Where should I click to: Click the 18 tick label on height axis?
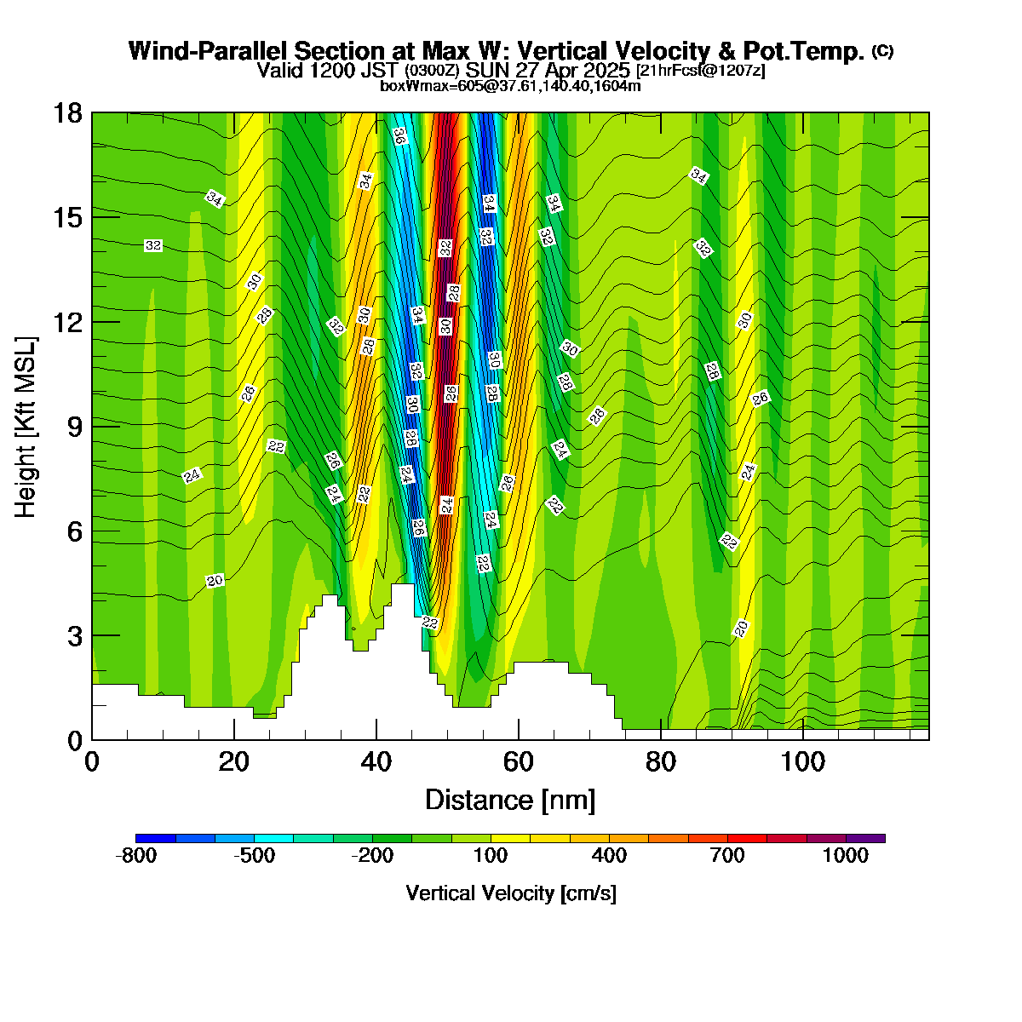[x=68, y=113]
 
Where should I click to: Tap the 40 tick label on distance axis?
[x=376, y=763]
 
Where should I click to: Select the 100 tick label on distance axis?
[x=802, y=763]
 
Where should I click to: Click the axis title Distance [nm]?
[x=510, y=801]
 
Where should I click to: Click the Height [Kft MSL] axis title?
[x=26, y=427]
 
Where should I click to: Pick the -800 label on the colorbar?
[x=135, y=855]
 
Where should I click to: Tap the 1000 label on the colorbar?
[x=846, y=855]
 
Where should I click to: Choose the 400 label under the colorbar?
[x=609, y=855]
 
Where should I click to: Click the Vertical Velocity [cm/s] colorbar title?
[x=511, y=893]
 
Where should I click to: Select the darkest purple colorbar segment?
[x=865, y=839]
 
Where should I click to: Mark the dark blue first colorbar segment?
[x=155, y=839]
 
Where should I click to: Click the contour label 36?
[x=400, y=136]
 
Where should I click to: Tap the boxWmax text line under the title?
[x=510, y=85]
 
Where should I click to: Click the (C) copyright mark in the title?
[x=882, y=50]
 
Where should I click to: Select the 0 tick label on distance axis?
[x=92, y=763]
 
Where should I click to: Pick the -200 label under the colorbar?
[x=372, y=855]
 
